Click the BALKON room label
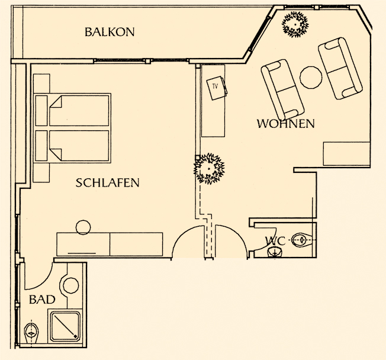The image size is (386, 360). (110, 32)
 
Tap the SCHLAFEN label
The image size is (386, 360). (107, 182)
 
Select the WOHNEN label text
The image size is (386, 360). (286, 123)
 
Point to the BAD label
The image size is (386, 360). (42, 300)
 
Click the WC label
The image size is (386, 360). (275, 240)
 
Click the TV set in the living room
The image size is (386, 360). (217, 88)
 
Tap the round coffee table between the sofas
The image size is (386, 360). (311, 78)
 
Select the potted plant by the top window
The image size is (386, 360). (295, 24)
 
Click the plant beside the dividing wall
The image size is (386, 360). (209, 169)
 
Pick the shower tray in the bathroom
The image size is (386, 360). (65, 326)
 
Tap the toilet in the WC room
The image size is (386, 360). (302, 240)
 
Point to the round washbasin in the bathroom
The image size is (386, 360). (71, 285)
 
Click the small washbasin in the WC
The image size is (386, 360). (275, 252)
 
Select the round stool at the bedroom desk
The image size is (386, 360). (83, 227)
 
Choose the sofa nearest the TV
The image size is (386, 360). (282, 90)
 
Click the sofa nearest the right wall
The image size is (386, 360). (340, 68)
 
